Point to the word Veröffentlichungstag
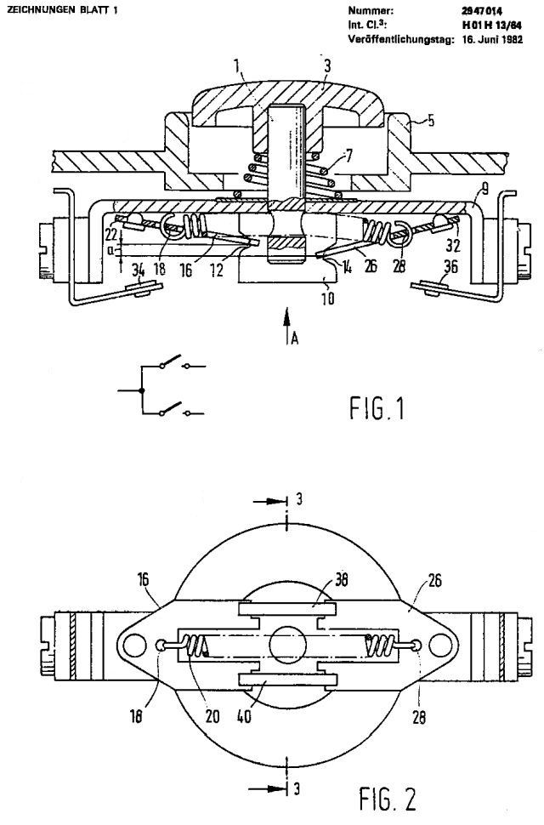point(398,38)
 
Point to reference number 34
point(139,271)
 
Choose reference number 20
point(212,716)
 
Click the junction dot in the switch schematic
point(142,390)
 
